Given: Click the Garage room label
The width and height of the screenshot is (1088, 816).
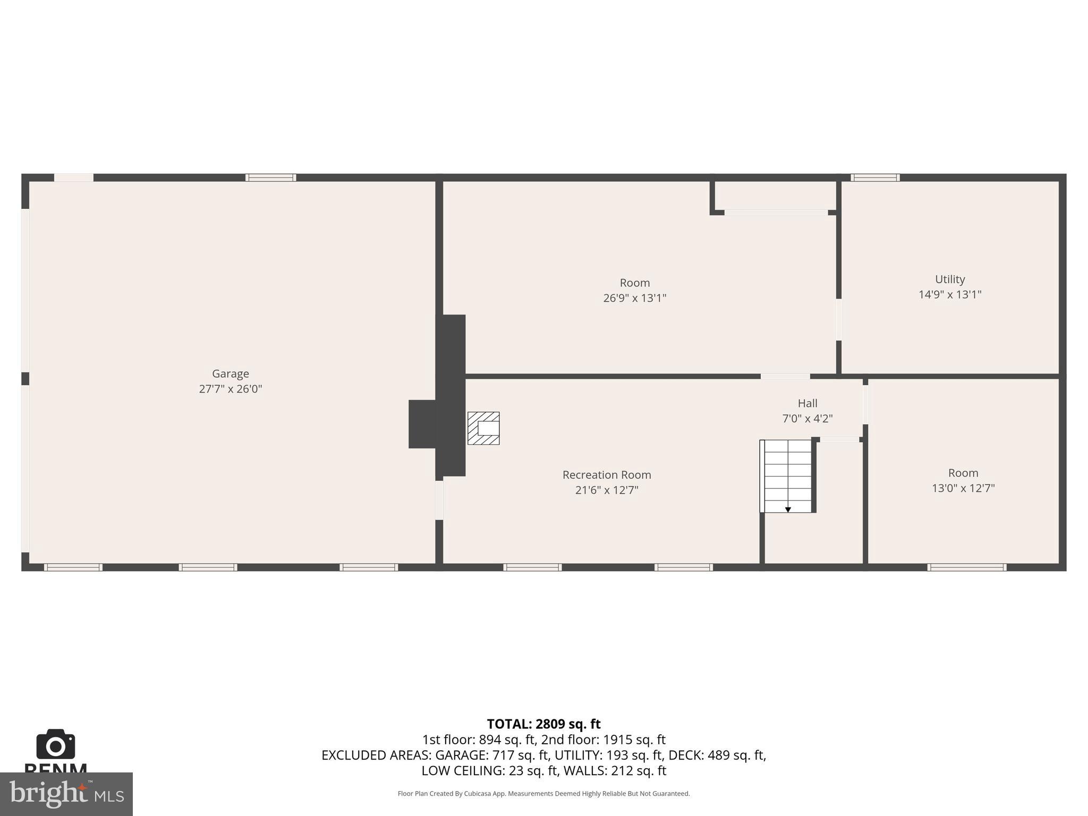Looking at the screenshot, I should [x=230, y=373].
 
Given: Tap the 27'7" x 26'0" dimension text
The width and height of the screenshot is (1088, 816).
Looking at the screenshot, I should [x=230, y=389].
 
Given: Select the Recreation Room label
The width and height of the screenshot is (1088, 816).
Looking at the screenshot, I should [x=606, y=474].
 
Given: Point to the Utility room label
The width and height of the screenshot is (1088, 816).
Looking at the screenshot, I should [x=949, y=279].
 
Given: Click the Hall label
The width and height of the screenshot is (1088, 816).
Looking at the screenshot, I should [x=807, y=403].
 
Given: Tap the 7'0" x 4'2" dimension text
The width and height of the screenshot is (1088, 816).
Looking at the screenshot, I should [x=807, y=419].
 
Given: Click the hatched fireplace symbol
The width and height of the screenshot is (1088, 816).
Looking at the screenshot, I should [x=483, y=428].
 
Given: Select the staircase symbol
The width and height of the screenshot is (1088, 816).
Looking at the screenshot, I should [x=787, y=475].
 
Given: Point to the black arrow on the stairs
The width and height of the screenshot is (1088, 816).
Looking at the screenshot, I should [x=788, y=509].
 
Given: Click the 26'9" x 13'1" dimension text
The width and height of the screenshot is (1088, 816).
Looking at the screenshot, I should [x=634, y=298].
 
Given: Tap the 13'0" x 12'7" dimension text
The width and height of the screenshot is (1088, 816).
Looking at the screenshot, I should [x=963, y=488].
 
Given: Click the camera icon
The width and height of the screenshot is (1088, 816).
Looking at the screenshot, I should [x=55, y=744].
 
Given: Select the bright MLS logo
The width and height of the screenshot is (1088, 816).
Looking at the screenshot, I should [x=66, y=794].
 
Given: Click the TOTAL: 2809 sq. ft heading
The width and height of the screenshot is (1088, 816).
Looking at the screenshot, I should [x=543, y=724].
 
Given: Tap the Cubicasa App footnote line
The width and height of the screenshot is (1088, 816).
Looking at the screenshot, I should [x=543, y=794].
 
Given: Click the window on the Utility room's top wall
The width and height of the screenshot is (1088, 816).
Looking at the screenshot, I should [x=874, y=177].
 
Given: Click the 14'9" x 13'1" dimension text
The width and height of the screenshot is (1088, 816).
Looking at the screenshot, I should [x=949, y=294].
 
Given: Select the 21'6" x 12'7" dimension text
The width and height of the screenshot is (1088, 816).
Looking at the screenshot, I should [x=606, y=490].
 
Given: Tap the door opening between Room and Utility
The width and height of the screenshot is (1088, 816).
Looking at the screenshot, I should [x=838, y=320].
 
